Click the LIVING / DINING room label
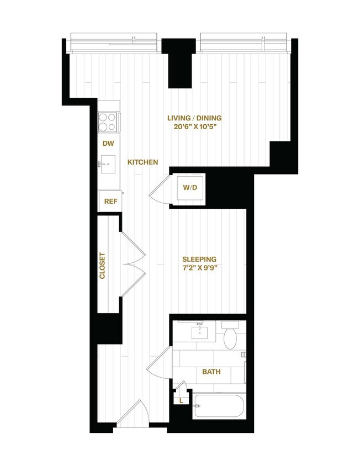198,118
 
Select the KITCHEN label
143,162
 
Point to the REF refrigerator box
110,201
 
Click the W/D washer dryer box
189,188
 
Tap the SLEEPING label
199,259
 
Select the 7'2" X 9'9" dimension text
199,269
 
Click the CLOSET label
102,266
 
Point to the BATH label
211,372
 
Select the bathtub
218,408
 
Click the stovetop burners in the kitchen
108,122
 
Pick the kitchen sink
108,163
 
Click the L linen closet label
181,401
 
